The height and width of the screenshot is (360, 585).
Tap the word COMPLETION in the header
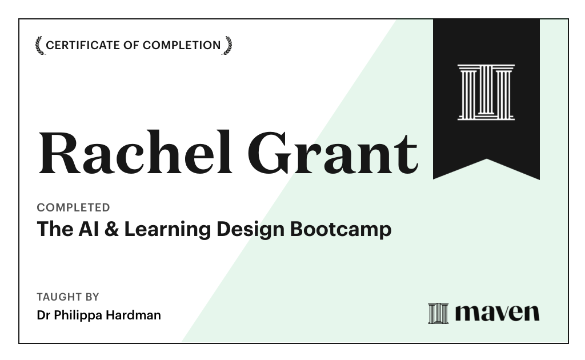click(x=182, y=45)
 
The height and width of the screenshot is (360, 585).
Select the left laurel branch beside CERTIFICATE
click(x=39, y=45)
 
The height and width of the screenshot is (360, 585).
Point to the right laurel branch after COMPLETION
click(x=227, y=45)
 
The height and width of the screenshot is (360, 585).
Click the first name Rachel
click(x=135, y=153)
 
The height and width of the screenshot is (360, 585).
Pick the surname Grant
click(x=332, y=153)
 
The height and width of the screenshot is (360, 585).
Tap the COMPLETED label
click(x=73, y=207)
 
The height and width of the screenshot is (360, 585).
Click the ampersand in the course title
click(x=112, y=229)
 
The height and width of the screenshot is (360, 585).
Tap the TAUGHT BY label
click(x=67, y=297)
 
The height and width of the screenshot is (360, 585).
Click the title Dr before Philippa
click(x=43, y=315)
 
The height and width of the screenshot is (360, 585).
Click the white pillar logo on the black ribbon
click(x=486, y=92)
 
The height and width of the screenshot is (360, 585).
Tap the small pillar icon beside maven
click(x=438, y=313)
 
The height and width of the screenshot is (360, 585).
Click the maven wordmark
click(x=497, y=313)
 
